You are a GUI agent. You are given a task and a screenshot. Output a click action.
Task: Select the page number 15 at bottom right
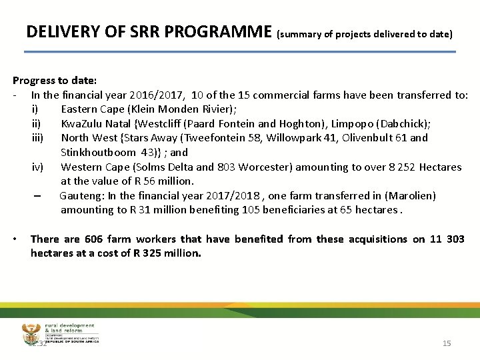(x=447, y=343)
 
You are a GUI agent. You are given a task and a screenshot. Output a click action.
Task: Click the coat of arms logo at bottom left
(x=31, y=332)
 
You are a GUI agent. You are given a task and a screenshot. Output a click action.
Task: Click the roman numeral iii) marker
(x=37, y=138)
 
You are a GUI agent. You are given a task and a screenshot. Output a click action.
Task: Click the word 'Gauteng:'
(x=82, y=195)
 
